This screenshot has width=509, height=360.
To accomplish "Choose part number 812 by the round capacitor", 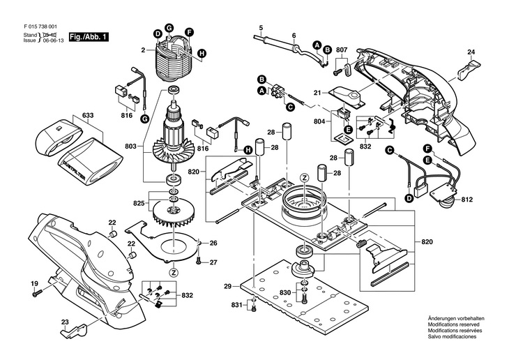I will click(469, 200).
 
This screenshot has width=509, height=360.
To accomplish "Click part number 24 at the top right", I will click(471, 53).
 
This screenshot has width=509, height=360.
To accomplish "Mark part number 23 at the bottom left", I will click(64, 322).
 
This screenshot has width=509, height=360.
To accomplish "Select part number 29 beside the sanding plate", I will click(228, 287).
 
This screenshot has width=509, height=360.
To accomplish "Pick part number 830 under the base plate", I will click(285, 293).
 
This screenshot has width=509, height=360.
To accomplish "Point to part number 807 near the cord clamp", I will click(342, 50).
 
